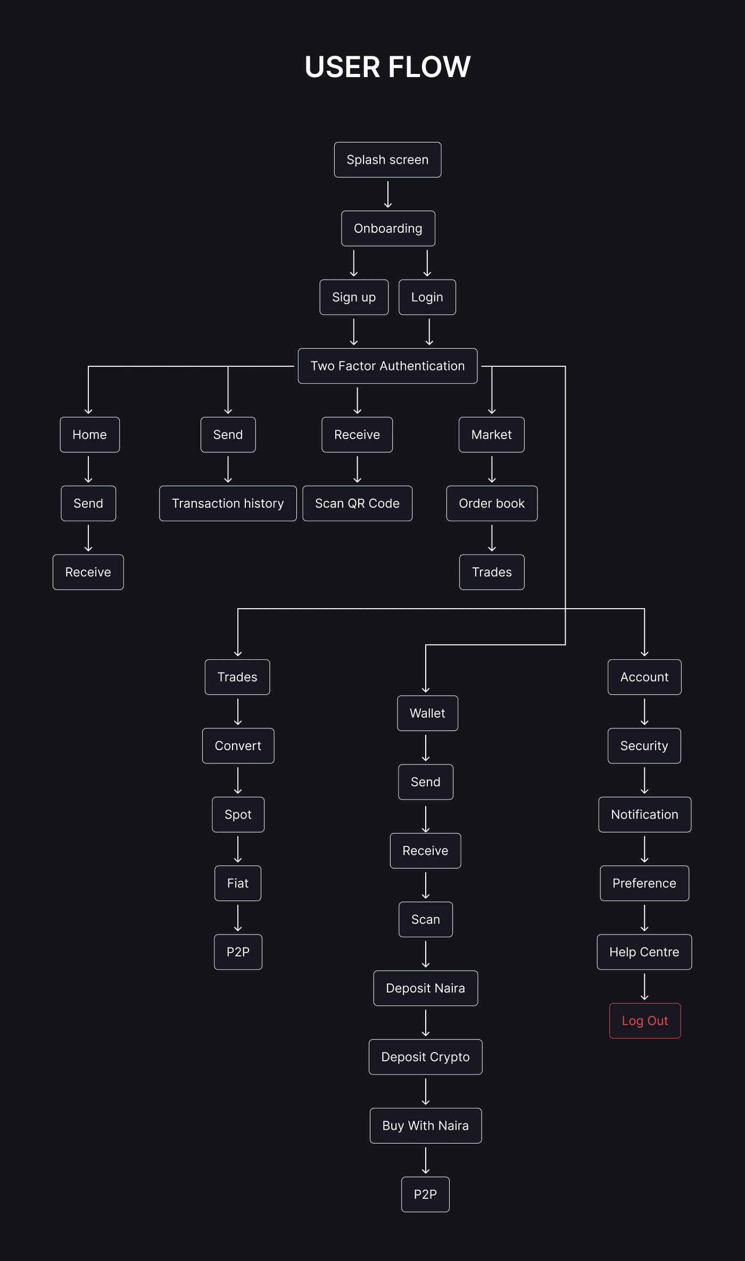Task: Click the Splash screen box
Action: [x=387, y=159]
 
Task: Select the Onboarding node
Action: [x=388, y=229]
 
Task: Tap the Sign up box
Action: [x=354, y=297]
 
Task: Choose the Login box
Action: [x=427, y=297]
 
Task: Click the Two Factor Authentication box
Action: [x=387, y=366]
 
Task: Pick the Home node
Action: [x=89, y=435]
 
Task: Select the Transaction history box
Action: [x=228, y=503]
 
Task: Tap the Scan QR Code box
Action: [x=357, y=503]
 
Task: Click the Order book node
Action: [x=492, y=503]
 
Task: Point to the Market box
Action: [x=491, y=435]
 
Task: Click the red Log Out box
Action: [x=644, y=1021]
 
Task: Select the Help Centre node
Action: [x=644, y=952]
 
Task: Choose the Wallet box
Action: [x=427, y=713]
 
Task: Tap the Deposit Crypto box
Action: [x=425, y=1057]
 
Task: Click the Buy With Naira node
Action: [x=425, y=1125]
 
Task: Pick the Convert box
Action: [x=238, y=746]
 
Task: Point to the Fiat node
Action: [x=237, y=884]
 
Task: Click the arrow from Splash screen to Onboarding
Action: [x=388, y=194]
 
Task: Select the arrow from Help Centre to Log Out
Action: [x=644, y=987]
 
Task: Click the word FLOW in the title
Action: [x=429, y=67]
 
